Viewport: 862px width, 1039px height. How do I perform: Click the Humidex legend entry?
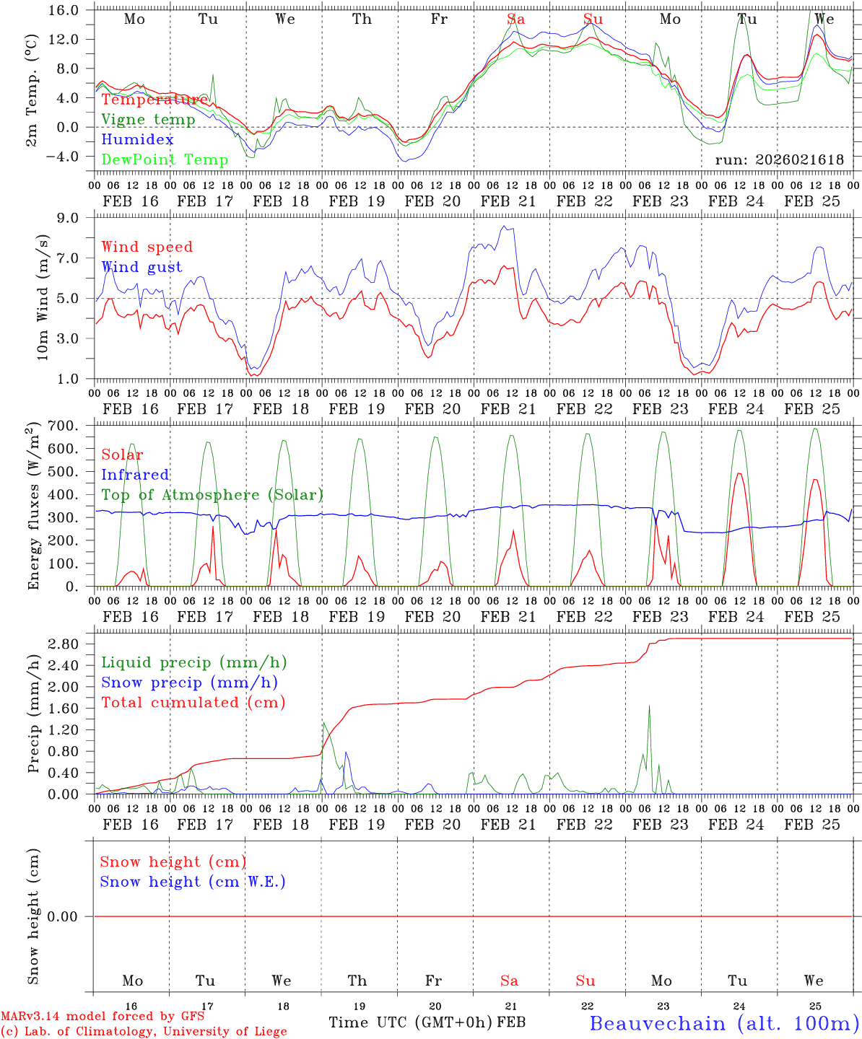point(137,139)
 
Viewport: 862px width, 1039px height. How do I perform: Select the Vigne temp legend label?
point(148,119)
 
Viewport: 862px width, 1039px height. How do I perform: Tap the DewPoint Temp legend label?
point(165,159)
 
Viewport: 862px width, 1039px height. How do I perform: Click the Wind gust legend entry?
point(142,267)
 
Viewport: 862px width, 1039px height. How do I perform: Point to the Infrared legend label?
point(135,475)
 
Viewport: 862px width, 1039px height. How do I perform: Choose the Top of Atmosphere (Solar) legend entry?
point(212,495)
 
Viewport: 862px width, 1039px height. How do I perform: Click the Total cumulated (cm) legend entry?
point(193,702)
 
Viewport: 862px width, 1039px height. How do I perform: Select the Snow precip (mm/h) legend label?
point(189,683)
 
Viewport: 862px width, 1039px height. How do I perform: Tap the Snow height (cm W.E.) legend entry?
point(193,882)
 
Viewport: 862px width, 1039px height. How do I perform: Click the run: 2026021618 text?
point(779,159)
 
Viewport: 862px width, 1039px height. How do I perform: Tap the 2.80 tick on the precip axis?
point(66,644)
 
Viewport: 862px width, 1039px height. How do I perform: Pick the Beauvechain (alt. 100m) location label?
point(724,1023)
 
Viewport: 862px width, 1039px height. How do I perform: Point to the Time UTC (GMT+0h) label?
point(410,1022)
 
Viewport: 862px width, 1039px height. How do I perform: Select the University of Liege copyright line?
point(144,1031)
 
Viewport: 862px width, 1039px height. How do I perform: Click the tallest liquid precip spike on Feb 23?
point(649,706)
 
